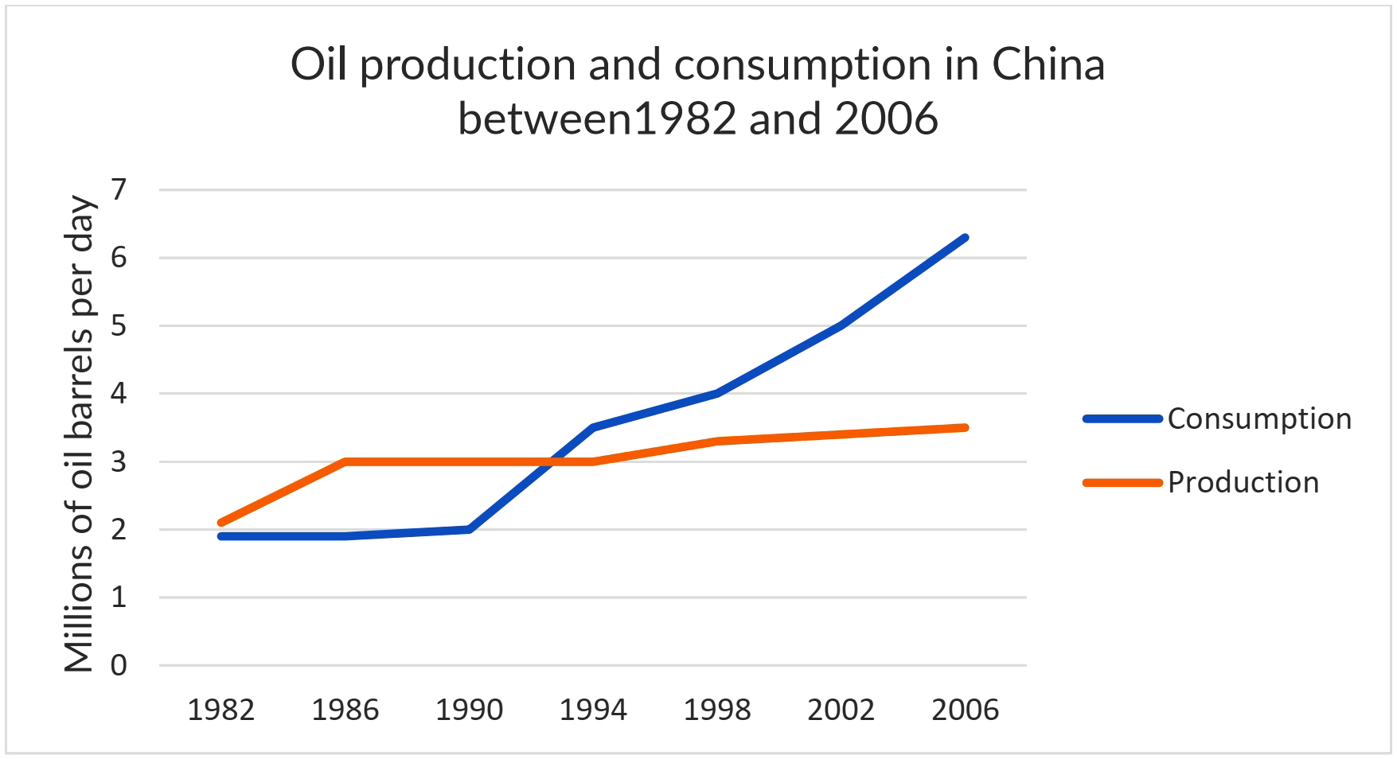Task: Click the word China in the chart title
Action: tap(1048, 65)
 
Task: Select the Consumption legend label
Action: tap(1258, 419)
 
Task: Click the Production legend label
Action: tap(1243, 483)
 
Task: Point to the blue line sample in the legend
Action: tap(1122, 419)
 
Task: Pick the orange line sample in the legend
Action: tap(1122, 483)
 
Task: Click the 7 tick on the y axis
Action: tap(119, 190)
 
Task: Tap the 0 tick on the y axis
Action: tap(119, 665)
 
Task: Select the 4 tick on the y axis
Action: tap(119, 394)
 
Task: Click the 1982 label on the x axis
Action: tap(220, 710)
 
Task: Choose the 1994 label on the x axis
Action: tap(593, 710)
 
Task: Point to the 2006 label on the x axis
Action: tap(965, 710)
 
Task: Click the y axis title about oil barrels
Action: tap(80, 434)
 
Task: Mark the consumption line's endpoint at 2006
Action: tap(965, 238)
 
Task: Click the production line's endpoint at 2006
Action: tap(965, 428)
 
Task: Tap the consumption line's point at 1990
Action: tap(469, 529)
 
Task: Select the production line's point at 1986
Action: tap(345, 461)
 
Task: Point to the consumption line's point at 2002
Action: tap(841, 325)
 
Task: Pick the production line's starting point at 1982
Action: tap(220, 523)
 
